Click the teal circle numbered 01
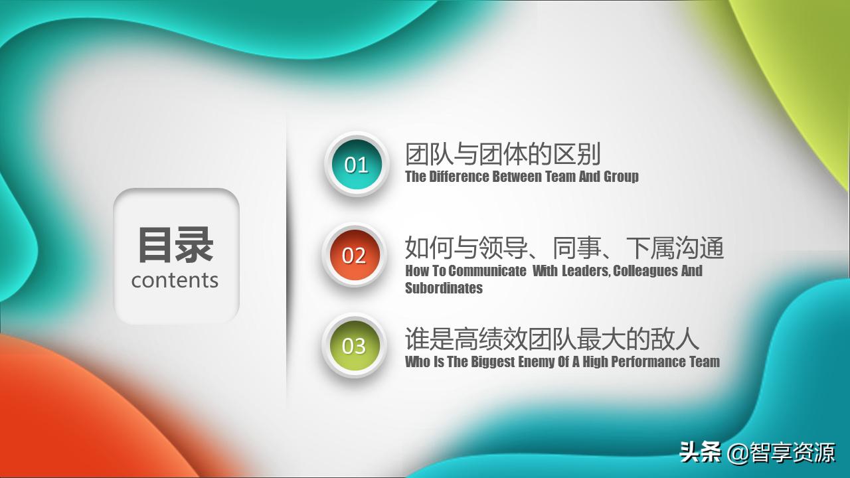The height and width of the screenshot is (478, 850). [356, 164]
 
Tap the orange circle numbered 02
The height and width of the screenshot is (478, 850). [354, 255]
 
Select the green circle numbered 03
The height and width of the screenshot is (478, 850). [354, 345]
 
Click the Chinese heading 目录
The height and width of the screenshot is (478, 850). [175, 245]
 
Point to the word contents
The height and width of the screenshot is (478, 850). [175, 280]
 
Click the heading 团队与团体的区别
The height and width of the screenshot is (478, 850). [503, 154]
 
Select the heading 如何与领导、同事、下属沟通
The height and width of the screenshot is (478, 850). [564, 248]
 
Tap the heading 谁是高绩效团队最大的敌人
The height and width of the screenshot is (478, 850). [552, 339]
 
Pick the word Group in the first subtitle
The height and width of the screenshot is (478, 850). [621, 177]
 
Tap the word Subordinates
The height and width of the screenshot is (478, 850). [444, 288]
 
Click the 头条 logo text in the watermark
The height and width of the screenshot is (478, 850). [700, 453]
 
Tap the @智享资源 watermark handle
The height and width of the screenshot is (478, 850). [781, 453]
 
